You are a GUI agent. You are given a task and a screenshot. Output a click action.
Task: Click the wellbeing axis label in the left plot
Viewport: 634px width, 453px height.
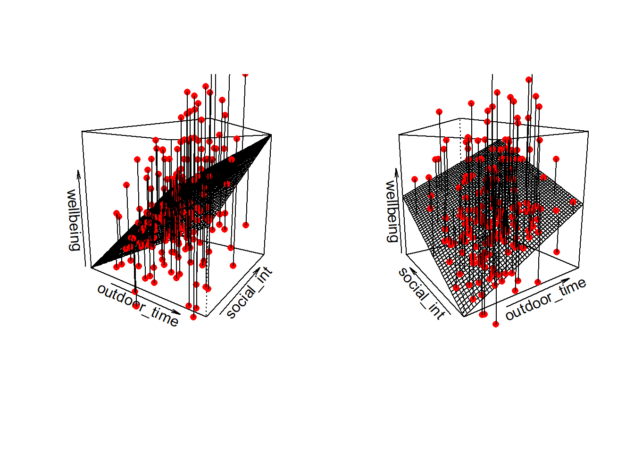click(x=73, y=220)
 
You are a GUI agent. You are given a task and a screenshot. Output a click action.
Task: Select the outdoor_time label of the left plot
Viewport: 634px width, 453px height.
click(x=138, y=305)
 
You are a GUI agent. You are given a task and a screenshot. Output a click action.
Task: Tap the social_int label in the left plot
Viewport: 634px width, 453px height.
click(x=249, y=293)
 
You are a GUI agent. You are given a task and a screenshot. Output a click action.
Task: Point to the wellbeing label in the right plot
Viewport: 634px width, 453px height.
click(x=392, y=211)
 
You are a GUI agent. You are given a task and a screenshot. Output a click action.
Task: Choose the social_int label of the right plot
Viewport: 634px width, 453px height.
click(x=421, y=293)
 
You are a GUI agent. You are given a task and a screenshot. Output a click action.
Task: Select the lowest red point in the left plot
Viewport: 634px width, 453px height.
click(x=193, y=317)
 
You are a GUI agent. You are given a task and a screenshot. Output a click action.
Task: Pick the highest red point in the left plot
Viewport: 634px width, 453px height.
click(x=245, y=74)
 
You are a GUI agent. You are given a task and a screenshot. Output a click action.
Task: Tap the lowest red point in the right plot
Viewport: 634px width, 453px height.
click(x=496, y=324)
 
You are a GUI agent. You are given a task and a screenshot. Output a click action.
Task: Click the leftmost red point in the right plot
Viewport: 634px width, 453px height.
click(x=415, y=179)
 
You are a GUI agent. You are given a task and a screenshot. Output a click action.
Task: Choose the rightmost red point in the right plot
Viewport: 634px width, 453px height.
click(x=573, y=202)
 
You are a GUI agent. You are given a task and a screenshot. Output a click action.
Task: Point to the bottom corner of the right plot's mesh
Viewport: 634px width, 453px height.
click(x=464, y=316)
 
